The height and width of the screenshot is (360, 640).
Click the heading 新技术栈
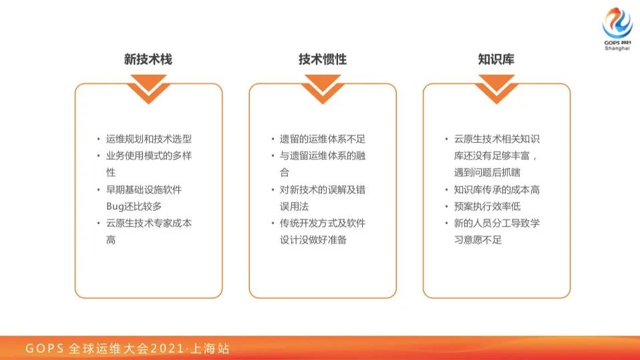(148, 59)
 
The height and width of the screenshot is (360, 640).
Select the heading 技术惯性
(322, 59)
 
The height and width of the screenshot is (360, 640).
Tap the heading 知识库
(496, 59)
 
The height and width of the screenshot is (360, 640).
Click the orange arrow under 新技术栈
(148, 88)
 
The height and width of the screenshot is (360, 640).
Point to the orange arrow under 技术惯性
(322, 88)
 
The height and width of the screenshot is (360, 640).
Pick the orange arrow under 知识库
(496, 88)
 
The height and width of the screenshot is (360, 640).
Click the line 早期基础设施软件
(144, 190)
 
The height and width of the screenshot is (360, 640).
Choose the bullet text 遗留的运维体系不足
(323, 139)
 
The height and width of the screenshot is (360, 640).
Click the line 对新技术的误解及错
(323, 190)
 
